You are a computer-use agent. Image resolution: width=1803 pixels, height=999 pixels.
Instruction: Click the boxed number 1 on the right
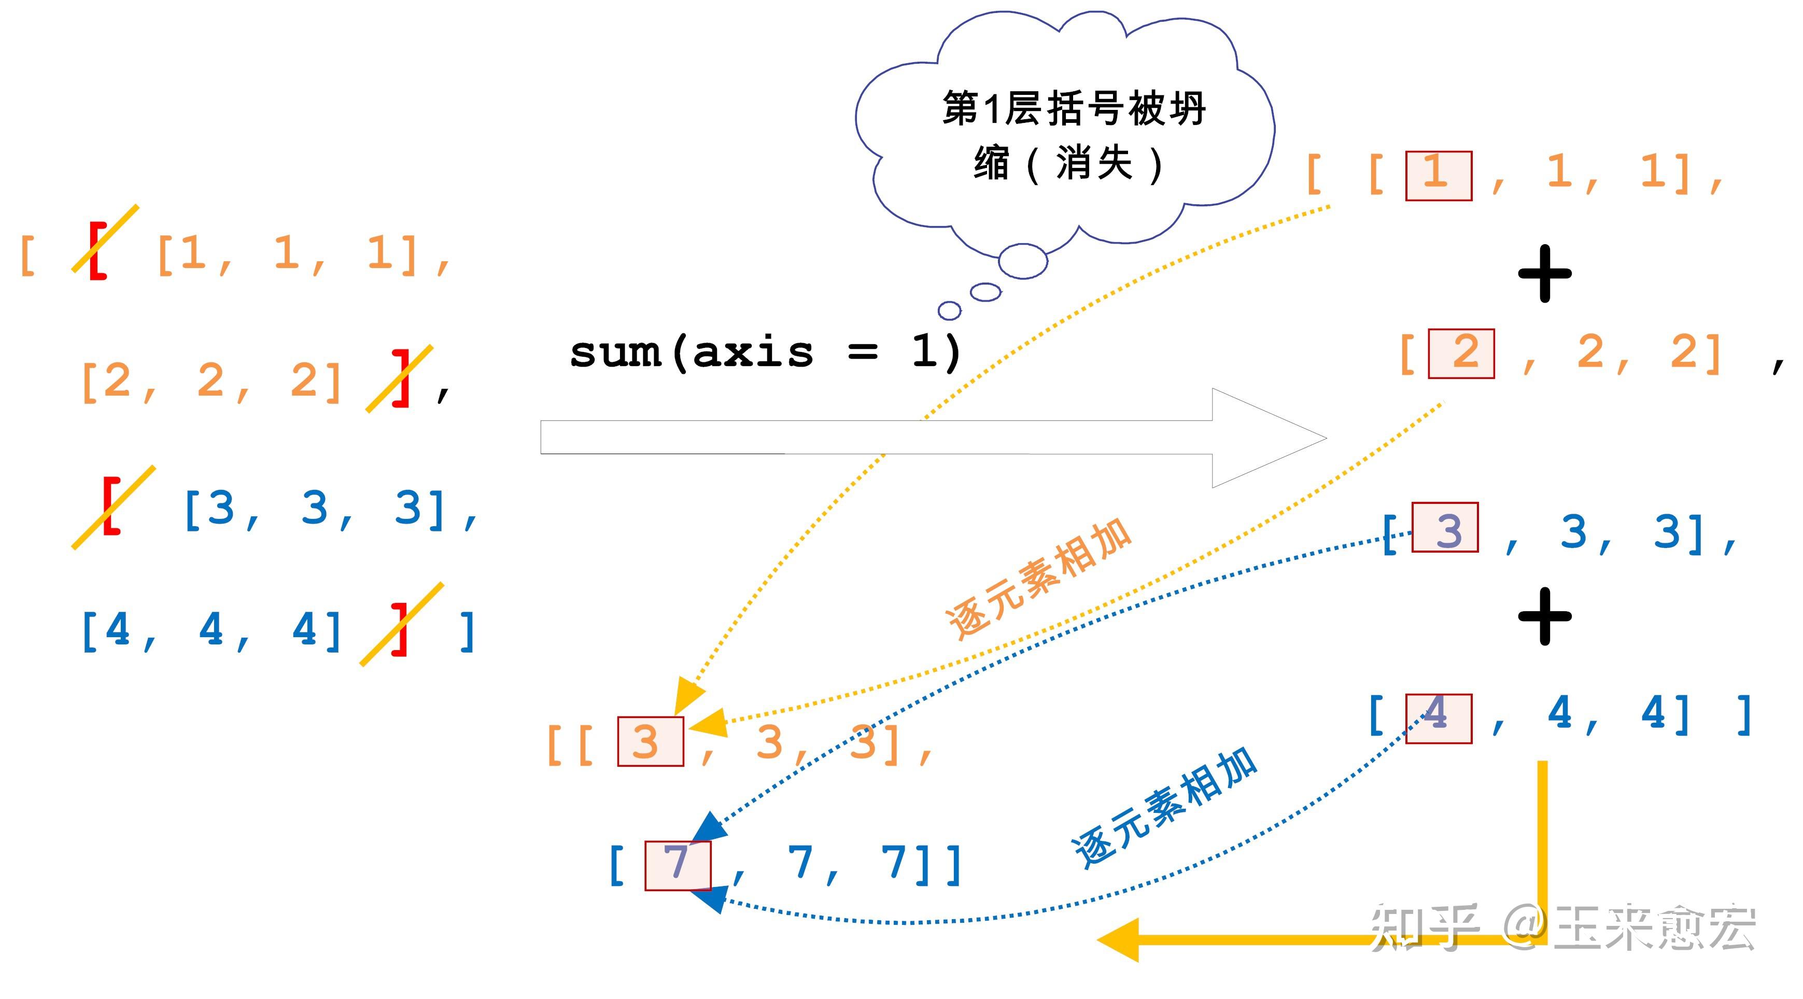point(1439,176)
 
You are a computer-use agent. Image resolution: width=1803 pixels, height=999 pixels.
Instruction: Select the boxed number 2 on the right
point(1461,354)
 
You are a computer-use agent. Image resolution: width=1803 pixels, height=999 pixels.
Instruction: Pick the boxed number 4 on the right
point(1439,718)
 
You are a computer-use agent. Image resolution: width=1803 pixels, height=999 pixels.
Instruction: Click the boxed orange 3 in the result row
point(650,741)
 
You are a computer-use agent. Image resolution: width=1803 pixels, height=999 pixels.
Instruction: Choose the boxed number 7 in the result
point(678,865)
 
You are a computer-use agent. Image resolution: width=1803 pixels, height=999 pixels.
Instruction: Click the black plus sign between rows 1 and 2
point(1545,274)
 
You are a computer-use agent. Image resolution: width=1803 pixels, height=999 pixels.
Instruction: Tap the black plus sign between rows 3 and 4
point(1545,616)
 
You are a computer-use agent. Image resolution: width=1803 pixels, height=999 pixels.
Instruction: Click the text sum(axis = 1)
point(766,352)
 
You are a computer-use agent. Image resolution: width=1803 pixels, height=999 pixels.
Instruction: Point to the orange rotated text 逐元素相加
point(1039,578)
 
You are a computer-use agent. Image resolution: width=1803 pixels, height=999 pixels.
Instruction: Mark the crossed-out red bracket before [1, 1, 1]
point(98,250)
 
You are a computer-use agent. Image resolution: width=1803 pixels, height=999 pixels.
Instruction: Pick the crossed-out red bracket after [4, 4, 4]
point(400,628)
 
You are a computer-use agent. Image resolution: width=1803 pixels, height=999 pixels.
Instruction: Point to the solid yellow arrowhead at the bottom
point(1120,940)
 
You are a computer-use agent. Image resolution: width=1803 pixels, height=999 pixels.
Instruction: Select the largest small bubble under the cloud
point(1023,261)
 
